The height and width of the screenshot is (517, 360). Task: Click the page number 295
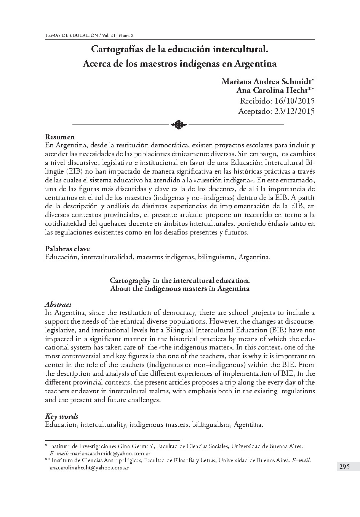pos(344,467)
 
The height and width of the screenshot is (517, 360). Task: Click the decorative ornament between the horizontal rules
pos(178,124)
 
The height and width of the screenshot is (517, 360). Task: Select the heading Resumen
pos(60,137)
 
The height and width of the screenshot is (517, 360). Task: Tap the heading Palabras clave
pos(67,249)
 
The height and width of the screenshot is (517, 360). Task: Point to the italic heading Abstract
pos(58,305)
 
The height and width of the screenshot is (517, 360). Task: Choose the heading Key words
pos(62,416)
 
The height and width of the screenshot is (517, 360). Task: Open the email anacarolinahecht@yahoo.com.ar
pos(89,468)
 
